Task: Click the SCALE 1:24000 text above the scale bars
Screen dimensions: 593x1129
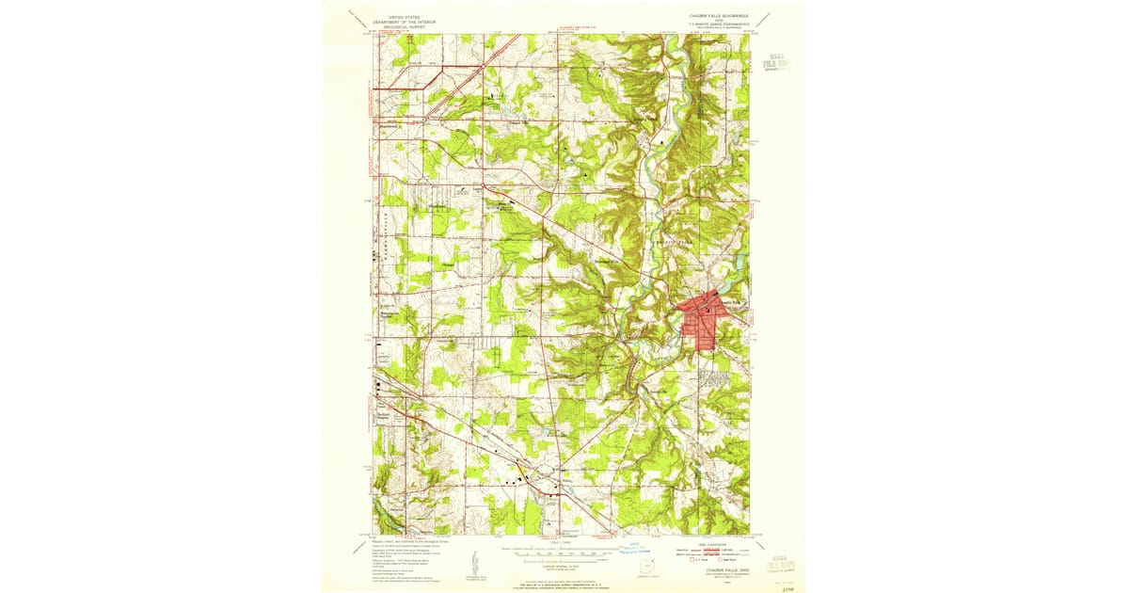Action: point(559,540)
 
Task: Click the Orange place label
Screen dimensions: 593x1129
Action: point(448,265)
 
